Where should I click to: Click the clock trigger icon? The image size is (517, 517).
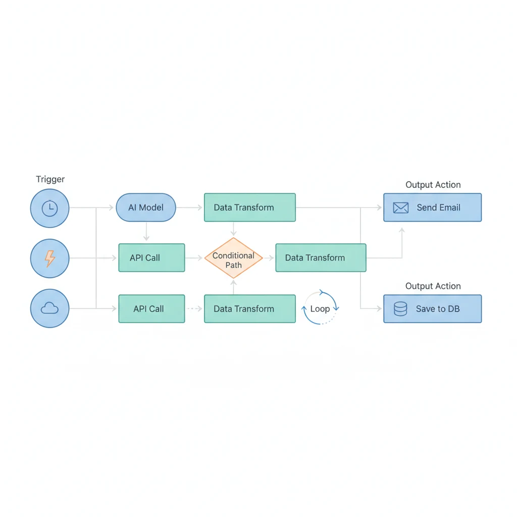click(x=49, y=208)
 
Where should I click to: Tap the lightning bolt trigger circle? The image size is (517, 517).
click(x=49, y=258)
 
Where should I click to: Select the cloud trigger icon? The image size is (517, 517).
click(x=49, y=308)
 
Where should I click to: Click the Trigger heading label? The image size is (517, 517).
click(x=50, y=179)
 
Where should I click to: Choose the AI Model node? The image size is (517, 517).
click(x=146, y=208)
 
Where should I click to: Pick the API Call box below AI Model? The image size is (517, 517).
click(x=151, y=258)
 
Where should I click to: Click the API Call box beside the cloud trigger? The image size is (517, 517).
click(x=151, y=308)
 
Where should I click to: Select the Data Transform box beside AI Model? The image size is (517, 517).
click(x=249, y=208)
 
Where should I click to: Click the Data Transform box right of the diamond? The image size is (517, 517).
click(x=321, y=258)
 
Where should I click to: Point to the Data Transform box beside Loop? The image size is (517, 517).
click(x=249, y=308)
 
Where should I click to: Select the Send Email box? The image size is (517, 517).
click(x=432, y=208)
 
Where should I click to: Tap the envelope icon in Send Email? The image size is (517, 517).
click(x=400, y=208)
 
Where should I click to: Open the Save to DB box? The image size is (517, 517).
click(x=432, y=308)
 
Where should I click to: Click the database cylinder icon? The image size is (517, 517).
click(x=400, y=308)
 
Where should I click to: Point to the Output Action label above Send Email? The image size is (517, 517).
click(x=433, y=185)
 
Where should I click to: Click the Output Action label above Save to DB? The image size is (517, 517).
click(x=433, y=286)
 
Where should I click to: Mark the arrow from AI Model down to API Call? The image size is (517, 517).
click(x=146, y=232)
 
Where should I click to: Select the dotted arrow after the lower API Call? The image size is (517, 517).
click(x=194, y=308)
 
